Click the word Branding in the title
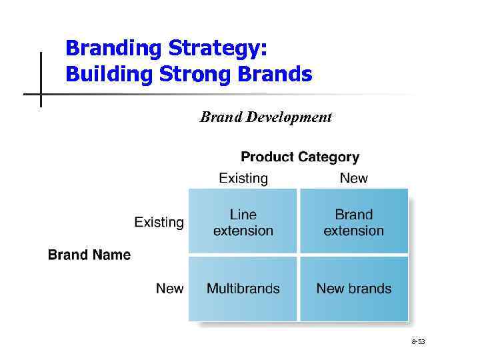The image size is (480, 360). pos(113,49)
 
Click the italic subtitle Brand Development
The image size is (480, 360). pos(265,117)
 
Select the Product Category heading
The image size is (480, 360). pos(300,157)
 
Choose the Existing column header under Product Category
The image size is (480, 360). pos(243,178)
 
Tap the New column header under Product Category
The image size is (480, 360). pos(353,178)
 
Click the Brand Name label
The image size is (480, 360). pos(89,255)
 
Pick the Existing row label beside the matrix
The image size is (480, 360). pos(159,222)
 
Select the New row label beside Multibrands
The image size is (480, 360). pos(169,289)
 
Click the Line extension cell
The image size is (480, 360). pos(243,223)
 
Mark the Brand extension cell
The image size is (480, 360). pos(354,223)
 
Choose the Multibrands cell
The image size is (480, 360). pos(243,289)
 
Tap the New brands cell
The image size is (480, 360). pos(354,289)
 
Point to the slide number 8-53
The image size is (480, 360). pos(418,342)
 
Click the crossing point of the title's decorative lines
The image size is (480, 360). pos(41,94)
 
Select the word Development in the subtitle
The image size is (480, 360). pos(289,117)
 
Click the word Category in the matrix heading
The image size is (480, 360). pos(328,157)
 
